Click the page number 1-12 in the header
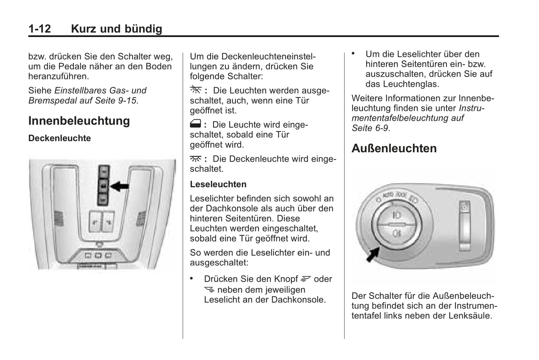40,29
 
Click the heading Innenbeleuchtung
79,121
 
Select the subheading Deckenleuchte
60,138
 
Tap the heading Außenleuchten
394,148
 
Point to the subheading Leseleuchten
218,184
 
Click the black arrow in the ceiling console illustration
120,186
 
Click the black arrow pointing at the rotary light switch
373,254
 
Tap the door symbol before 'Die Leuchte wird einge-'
195,124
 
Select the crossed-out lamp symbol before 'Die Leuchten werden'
195,90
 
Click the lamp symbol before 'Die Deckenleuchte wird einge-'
195,159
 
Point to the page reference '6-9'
381,128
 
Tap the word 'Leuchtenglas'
411,84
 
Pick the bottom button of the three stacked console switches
103,199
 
